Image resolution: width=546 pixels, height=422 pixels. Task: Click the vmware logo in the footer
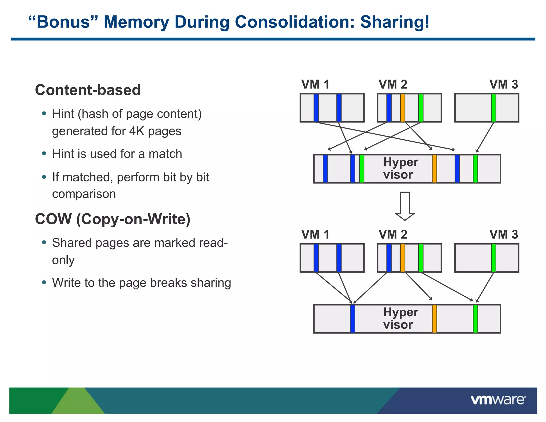498,400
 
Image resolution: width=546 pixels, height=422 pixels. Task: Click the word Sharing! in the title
395,22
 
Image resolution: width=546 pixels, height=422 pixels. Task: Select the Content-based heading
88,90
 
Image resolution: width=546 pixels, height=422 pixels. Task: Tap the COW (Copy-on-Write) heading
113,219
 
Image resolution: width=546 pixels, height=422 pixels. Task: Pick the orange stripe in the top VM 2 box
403,108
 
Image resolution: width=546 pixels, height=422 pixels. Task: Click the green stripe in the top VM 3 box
493,108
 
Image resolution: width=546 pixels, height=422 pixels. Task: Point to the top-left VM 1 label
315,85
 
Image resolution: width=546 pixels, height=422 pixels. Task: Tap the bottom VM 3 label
504,235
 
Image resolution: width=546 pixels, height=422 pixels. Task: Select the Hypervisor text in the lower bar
400,319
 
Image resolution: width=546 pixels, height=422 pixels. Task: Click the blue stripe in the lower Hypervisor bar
352,319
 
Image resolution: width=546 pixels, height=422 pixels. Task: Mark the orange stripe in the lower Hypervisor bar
434,319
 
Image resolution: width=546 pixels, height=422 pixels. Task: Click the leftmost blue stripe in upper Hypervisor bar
325,169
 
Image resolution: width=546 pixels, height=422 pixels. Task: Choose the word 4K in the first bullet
136,131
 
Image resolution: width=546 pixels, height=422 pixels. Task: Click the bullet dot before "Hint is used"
44,154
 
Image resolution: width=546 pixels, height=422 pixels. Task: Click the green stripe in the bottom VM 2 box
421,258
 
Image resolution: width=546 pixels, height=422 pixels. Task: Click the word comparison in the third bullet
84,194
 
